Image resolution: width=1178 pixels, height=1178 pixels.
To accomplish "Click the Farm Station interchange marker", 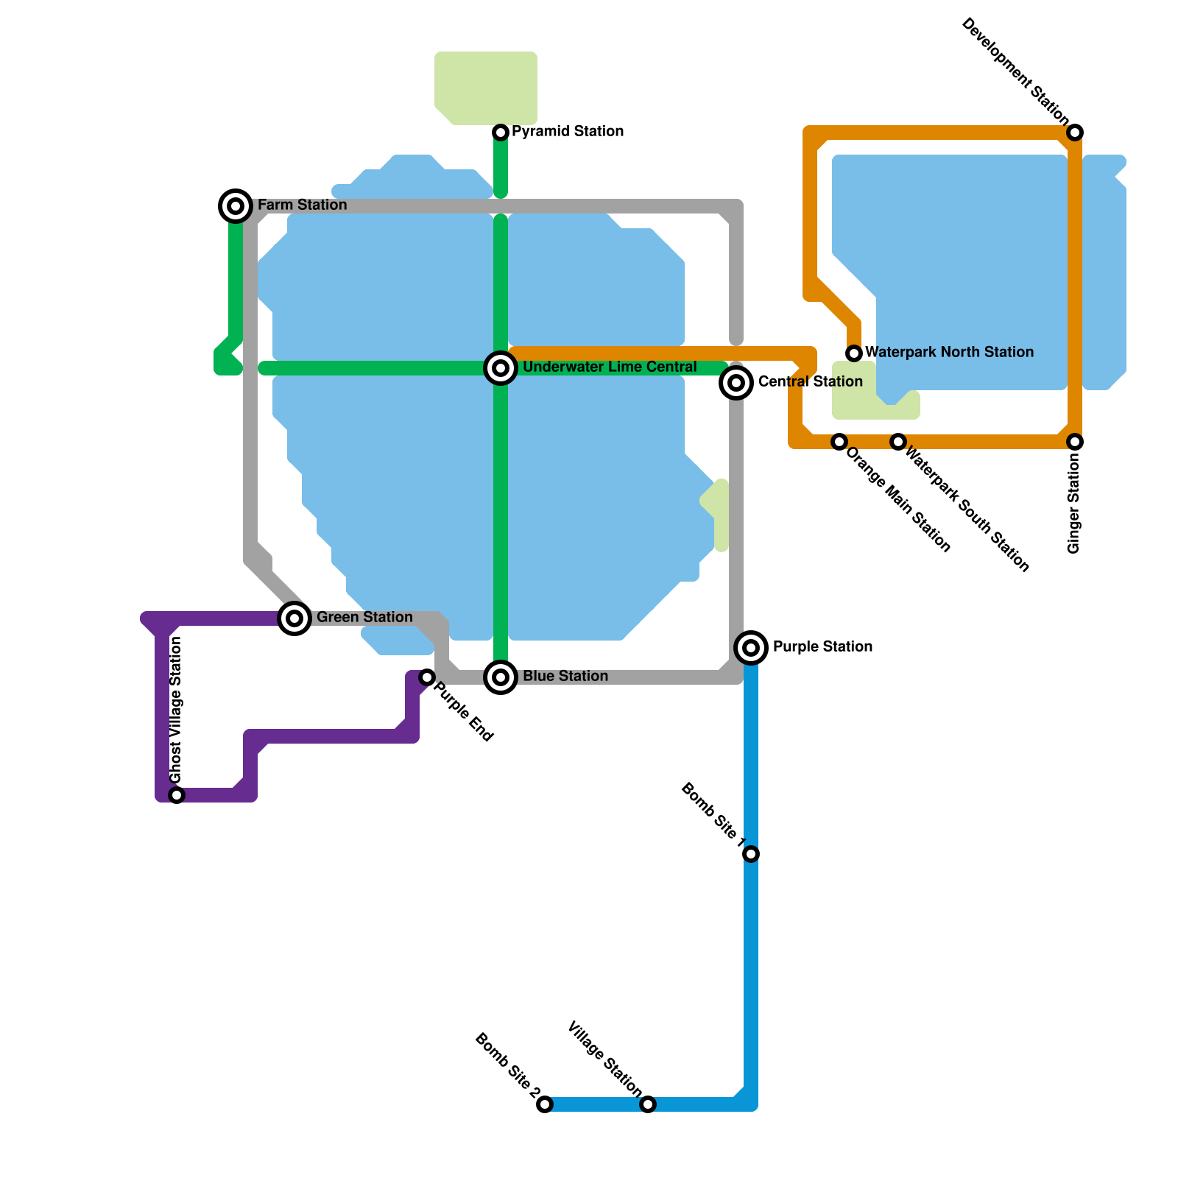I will click(236, 206).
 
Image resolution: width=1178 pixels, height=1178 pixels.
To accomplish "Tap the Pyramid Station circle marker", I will click(501, 133).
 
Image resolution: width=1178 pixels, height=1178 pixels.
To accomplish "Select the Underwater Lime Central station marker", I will click(501, 368).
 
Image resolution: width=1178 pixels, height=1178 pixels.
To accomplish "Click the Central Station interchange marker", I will click(736, 382).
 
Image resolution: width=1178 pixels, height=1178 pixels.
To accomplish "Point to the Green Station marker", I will click(294, 618).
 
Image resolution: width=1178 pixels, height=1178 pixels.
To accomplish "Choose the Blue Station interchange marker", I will click(501, 677).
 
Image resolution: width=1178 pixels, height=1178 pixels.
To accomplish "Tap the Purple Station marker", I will click(751, 648).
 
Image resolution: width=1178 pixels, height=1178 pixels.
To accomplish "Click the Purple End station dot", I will click(427, 677).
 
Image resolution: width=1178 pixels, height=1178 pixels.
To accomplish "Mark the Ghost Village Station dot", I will click(177, 795).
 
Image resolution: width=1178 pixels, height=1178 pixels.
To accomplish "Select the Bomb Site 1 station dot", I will click(751, 854).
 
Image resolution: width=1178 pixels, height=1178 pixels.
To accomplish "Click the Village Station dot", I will click(648, 1104).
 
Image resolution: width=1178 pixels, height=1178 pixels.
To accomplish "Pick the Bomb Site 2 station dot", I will click(545, 1104).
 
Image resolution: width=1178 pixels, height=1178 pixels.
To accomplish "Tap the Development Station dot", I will click(1075, 133).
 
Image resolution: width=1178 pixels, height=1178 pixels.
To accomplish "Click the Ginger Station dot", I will click(1075, 442).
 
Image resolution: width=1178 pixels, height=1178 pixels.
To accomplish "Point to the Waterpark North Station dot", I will click(854, 353).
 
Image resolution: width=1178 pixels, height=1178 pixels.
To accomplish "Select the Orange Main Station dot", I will click(839, 442).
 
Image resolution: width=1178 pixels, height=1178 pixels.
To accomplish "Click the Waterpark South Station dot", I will click(898, 442).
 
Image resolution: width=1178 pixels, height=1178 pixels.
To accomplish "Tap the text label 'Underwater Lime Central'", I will click(610, 367).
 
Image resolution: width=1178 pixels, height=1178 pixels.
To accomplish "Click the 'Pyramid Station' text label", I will click(568, 131).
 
